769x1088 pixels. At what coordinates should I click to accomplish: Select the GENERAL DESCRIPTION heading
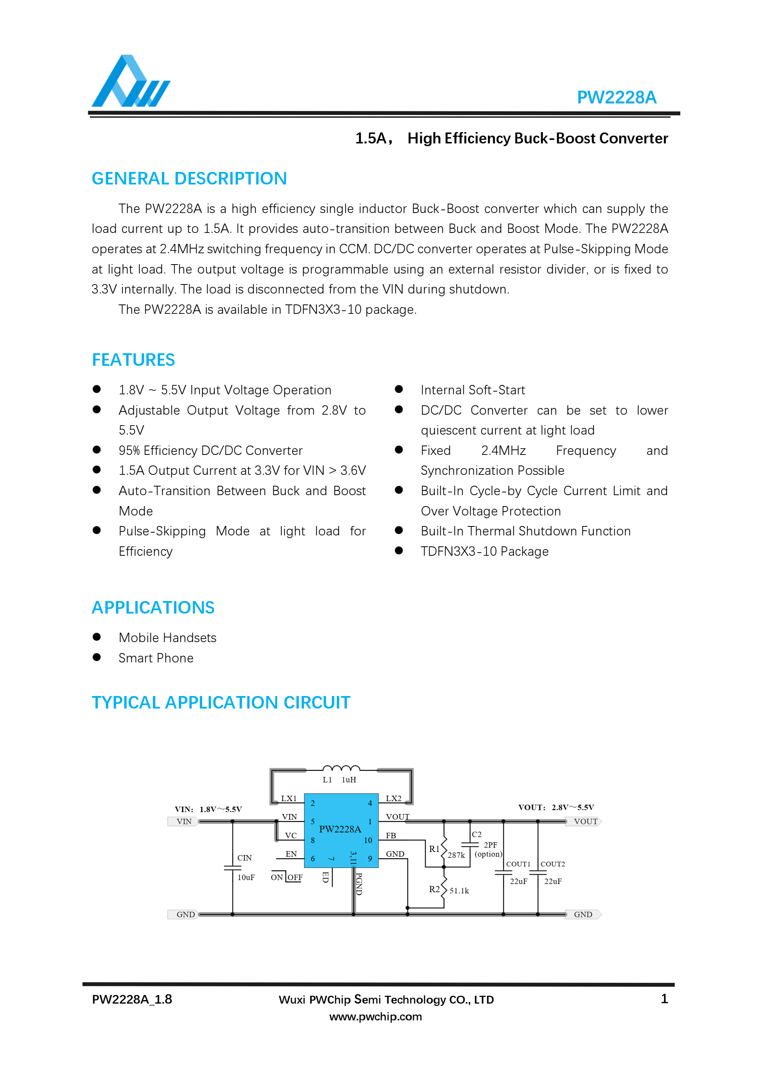[189, 179]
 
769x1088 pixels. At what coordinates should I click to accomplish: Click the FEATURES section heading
[133, 360]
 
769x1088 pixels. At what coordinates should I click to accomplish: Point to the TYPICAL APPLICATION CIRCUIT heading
[221, 702]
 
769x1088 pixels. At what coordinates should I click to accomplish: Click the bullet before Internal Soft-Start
[399, 389]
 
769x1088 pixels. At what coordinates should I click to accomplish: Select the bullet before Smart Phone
[97, 657]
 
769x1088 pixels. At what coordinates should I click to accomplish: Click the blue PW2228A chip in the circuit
[341, 830]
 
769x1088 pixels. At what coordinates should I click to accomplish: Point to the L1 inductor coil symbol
[341, 768]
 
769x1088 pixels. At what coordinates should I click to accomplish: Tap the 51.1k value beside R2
[459, 891]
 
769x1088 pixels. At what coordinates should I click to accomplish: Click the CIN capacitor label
[245, 858]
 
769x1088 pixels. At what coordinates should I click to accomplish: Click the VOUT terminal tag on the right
[585, 822]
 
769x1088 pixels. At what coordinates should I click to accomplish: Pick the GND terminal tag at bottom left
[185, 914]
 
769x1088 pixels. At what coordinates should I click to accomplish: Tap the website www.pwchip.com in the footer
[375, 1016]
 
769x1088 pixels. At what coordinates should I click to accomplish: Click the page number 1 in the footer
[664, 999]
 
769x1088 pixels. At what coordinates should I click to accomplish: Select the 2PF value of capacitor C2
[490, 845]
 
